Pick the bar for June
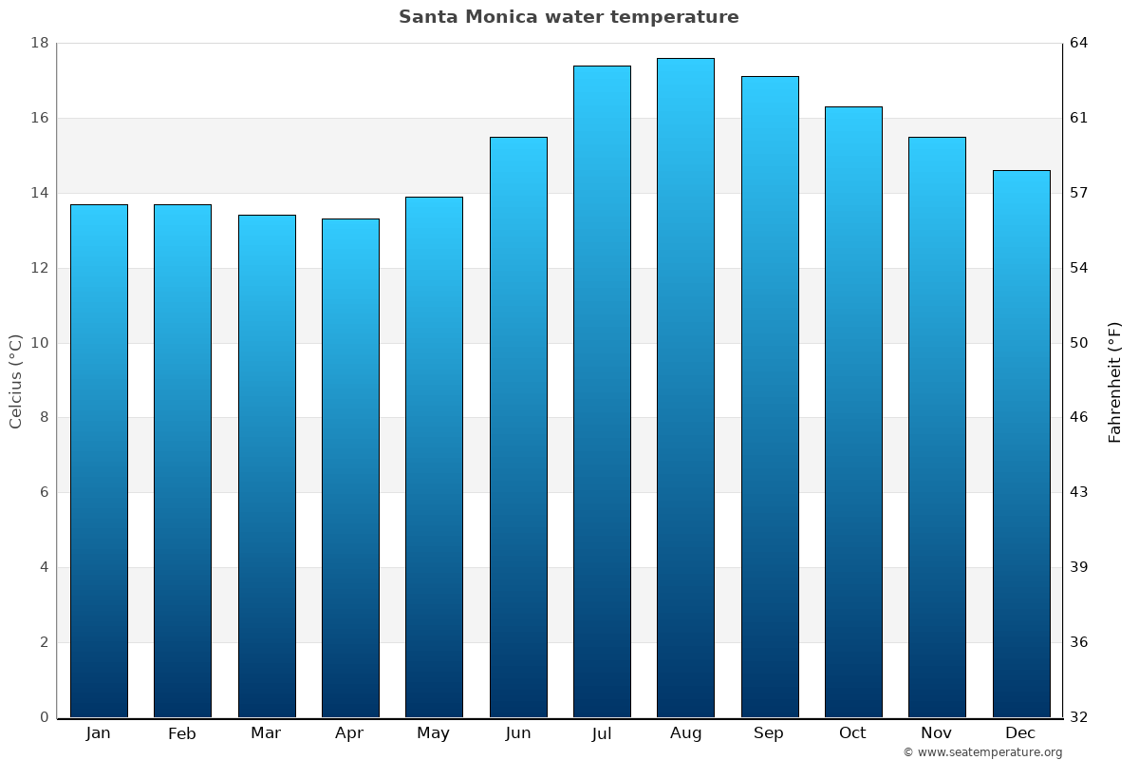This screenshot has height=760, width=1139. click(x=518, y=427)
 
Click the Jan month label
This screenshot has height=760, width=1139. click(x=98, y=733)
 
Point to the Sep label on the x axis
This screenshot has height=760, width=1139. click(x=769, y=733)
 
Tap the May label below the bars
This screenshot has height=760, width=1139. click(x=434, y=733)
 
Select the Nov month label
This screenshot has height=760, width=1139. click(x=937, y=733)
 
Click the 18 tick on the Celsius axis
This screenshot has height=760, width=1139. click(x=40, y=43)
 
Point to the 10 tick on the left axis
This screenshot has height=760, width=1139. click(x=40, y=343)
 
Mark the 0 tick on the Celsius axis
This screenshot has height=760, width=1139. click(x=44, y=717)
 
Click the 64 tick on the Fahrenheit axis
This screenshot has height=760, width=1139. click(x=1080, y=43)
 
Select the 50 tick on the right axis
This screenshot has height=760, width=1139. click(x=1080, y=343)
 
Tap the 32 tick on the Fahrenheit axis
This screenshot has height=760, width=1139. click(x=1080, y=717)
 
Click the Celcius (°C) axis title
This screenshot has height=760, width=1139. click(x=15, y=381)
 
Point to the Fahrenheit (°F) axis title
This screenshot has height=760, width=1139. click(x=1115, y=381)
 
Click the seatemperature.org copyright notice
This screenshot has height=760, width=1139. click(x=982, y=752)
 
